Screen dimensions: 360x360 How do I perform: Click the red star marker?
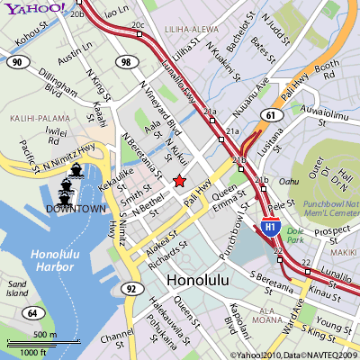[x=179, y=181]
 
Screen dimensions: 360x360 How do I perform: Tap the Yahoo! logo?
[x=32, y=9]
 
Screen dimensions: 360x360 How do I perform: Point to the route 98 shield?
[x=126, y=62]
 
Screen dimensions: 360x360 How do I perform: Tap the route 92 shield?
[x=132, y=288]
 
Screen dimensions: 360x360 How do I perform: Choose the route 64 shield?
[x=31, y=312]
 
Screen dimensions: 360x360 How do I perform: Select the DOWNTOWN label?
[x=74, y=209]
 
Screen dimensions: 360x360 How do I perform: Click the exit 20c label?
[x=137, y=25]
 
